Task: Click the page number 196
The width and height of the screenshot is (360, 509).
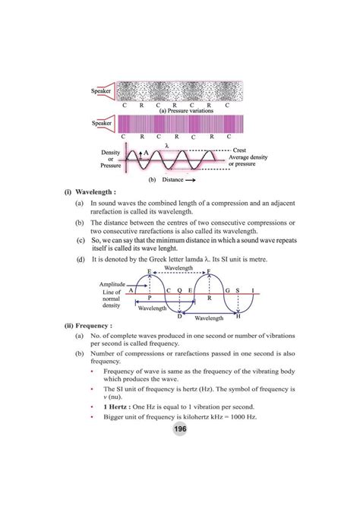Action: (179, 429)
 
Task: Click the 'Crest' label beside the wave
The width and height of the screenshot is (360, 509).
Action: (244, 150)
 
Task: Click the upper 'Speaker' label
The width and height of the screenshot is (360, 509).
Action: (102, 91)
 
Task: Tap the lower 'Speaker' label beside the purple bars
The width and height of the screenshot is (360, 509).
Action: (102, 122)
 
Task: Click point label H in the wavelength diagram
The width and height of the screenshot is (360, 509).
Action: (238, 315)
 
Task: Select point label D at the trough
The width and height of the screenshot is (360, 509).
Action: (179, 315)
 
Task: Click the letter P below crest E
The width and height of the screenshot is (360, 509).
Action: (150, 299)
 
